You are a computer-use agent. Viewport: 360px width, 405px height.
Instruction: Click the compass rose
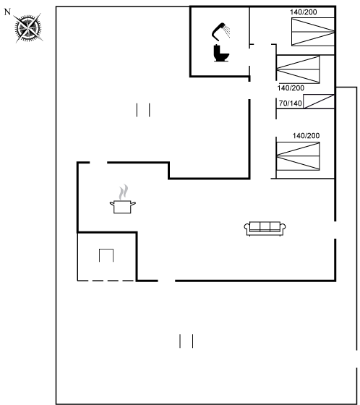tap(28, 27)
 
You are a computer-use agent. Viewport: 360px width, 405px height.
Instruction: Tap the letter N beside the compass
tap(8, 12)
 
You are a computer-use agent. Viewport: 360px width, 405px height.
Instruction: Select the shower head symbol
tap(220, 32)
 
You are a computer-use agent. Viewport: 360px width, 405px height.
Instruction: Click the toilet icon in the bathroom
tap(221, 54)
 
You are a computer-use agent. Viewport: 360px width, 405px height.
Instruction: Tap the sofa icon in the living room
tap(265, 229)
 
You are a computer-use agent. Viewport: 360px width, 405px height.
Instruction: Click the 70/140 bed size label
tap(291, 103)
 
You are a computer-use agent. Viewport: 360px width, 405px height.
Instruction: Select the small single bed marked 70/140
tap(319, 101)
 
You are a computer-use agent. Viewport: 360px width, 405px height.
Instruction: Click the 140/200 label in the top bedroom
tap(303, 12)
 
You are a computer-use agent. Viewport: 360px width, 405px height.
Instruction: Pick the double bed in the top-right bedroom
tap(313, 32)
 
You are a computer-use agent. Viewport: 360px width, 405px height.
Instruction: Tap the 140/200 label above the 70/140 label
tap(291, 88)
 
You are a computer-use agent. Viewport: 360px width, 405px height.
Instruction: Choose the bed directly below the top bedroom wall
tap(298, 69)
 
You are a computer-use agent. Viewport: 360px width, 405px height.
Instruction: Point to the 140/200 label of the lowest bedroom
tap(306, 136)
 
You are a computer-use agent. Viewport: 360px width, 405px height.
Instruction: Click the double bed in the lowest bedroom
tap(298, 156)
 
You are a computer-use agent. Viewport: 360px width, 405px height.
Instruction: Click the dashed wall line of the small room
tap(106, 281)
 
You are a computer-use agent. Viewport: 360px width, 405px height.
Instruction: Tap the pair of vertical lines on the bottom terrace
tap(187, 341)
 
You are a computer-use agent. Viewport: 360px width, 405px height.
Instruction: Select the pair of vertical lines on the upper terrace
tap(143, 110)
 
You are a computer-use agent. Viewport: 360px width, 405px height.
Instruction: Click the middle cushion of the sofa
tap(265, 226)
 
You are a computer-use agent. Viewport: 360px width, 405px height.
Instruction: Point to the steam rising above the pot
tap(124, 192)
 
